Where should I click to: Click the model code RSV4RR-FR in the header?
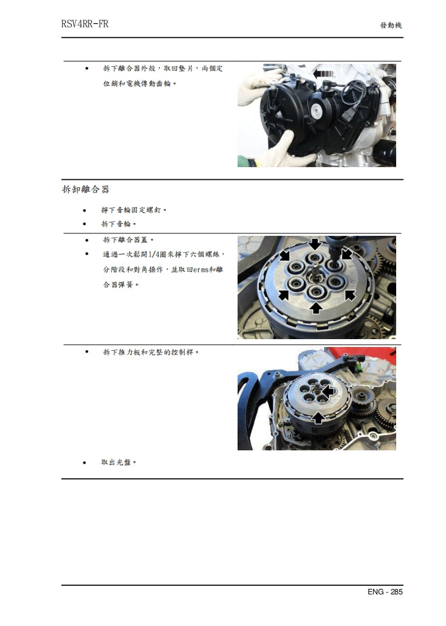pyautogui.click(x=85, y=25)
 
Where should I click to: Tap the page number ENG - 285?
pyautogui.click(x=385, y=591)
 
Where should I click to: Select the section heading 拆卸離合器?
pyautogui.click(x=86, y=189)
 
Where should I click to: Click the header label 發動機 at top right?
pyautogui.click(x=391, y=26)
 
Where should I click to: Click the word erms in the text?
pyautogui.click(x=204, y=269)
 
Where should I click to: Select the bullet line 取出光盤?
pyautogui.click(x=118, y=463)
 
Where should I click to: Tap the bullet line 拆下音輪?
pyautogui.click(x=118, y=224)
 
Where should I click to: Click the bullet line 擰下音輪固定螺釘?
pyautogui.click(x=134, y=210)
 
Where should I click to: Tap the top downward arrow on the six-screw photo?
pyautogui.click(x=315, y=244)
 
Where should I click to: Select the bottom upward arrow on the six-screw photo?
pyautogui.click(x=315, y=308)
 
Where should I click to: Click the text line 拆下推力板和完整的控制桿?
pyautogui.click(x=151, y=352)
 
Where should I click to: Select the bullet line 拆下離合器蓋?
pyautogui.click(x=128, y=239)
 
